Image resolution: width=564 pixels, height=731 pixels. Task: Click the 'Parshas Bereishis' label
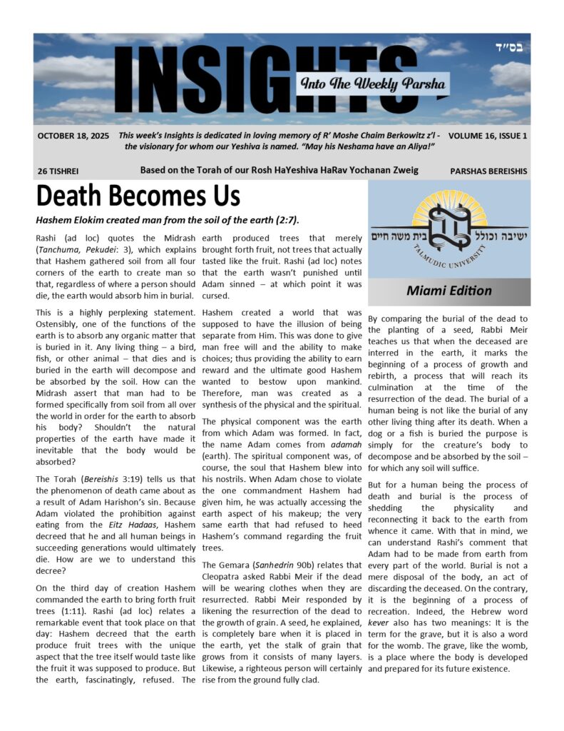[489, 171]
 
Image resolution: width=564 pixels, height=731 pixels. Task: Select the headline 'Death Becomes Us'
[138, 196]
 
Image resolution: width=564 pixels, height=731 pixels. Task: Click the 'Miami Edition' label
[448, 291]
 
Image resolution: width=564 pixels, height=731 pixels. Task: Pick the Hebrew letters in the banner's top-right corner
[509, 47]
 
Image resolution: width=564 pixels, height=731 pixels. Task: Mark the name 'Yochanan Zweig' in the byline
[382, 170]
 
